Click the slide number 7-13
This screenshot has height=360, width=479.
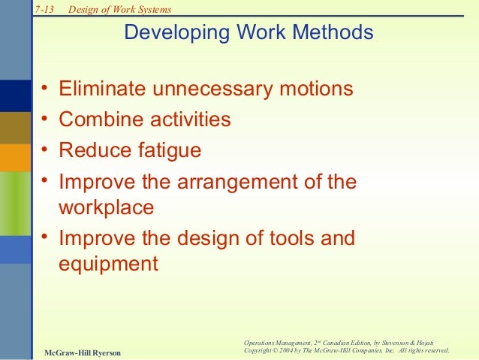click(45, 9)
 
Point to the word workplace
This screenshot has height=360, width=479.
click(106, 207)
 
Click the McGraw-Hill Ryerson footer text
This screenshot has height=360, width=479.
click(82, 352)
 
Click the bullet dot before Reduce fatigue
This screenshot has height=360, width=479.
click(45, 150)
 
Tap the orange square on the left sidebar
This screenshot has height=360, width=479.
click(14, 157)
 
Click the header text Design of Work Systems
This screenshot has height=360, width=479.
click(119, 9)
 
